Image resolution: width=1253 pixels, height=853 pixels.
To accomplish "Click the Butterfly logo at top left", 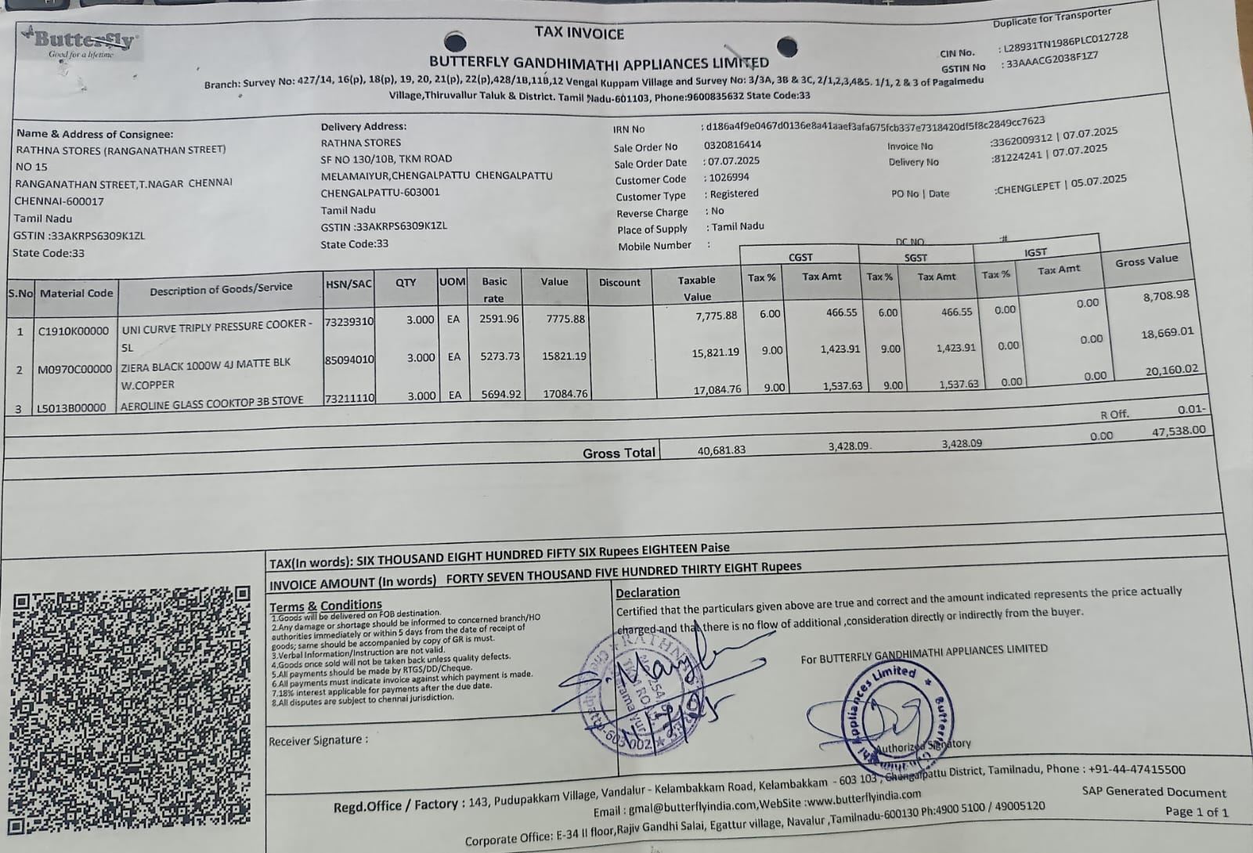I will [x=81, y=42].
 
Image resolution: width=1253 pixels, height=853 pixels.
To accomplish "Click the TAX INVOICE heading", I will [x=580, y=33].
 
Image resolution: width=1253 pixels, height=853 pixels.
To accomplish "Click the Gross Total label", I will [x=619, y=453].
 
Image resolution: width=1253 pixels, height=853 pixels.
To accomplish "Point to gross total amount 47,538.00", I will [x=1179, y=432].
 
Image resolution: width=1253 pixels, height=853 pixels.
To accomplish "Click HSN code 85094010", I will [x=349, y=360].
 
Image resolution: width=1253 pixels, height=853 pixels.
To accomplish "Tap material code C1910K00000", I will [x=74, y=331].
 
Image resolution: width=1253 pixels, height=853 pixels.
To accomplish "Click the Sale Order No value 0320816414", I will [x=732, y=145].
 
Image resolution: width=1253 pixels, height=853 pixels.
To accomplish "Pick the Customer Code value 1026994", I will [x=729, y=177].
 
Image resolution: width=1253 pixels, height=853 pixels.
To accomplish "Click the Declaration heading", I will [x=648, y=592].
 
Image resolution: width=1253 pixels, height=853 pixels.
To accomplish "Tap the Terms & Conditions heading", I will [x=326, y=605].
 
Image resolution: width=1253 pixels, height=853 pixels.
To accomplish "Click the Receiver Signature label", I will [x=318, y=740].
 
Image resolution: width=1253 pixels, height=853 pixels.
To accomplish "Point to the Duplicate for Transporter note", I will [x=1052, y=17].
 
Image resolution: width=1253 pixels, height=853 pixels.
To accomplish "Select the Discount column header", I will [x=619, y=282].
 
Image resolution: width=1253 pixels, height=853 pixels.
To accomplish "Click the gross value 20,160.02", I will [x=1171, y=370].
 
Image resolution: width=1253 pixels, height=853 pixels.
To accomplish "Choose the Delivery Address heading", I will [x=363, y=126].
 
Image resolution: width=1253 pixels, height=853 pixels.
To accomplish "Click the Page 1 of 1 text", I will [x=1196, y=811].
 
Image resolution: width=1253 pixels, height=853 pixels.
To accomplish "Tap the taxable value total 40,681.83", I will [x=721, y=450].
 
